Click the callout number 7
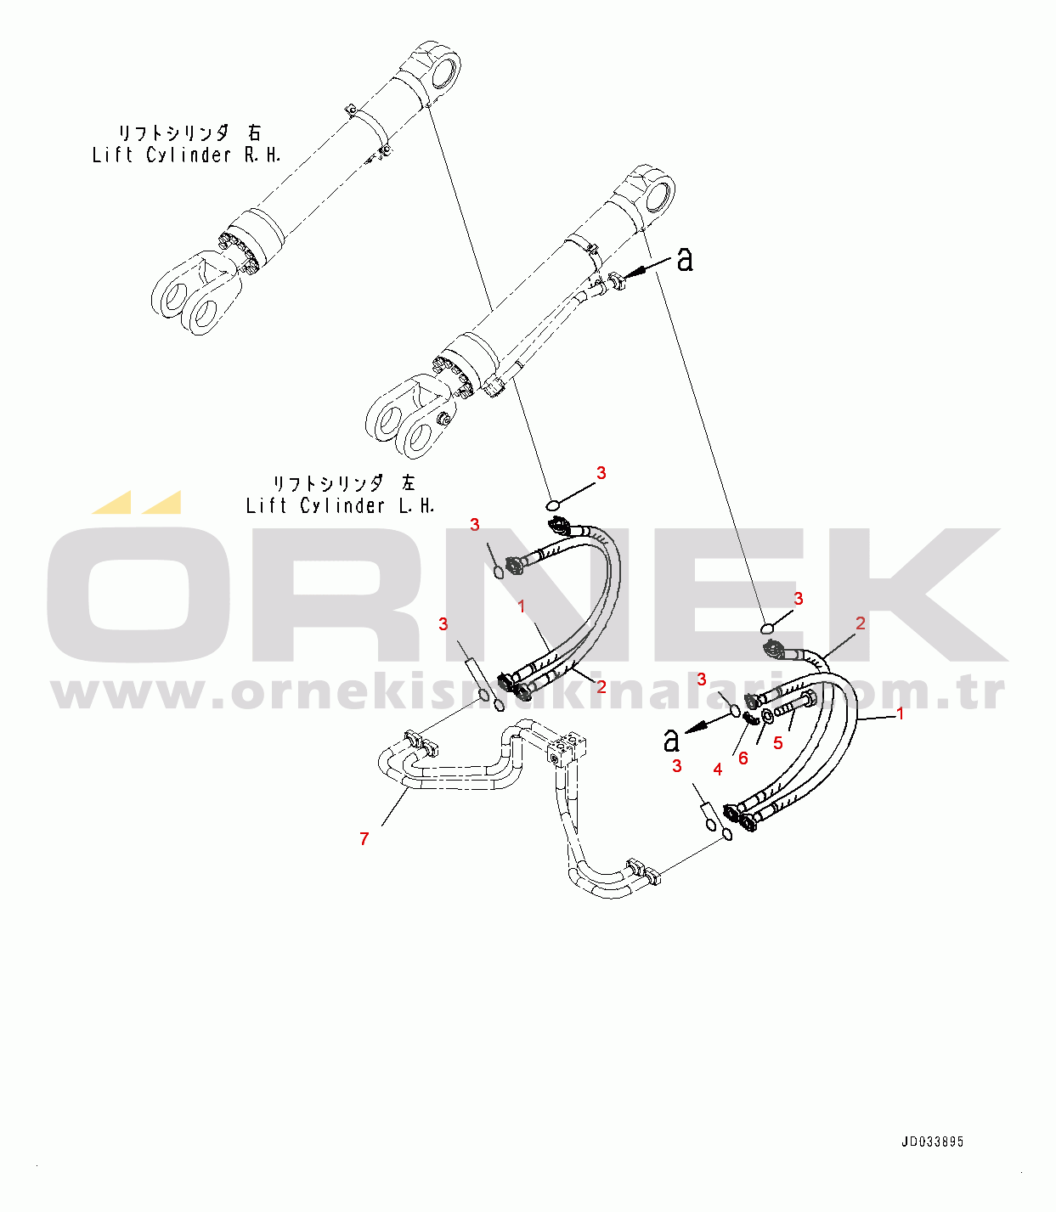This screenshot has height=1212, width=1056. point(364,839)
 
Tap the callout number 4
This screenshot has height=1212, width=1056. point(718,769)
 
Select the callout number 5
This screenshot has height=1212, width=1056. point(777,743)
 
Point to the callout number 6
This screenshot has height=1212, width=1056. point(743,758)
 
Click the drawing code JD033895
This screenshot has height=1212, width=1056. point(932,1142)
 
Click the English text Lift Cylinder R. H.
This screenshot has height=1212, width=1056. point(186,155)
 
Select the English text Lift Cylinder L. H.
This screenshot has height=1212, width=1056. point(340,506)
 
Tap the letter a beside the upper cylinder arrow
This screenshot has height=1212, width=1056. point(685,260)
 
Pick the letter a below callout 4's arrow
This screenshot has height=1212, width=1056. point(672,741)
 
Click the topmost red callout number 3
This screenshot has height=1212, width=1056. point(601,473)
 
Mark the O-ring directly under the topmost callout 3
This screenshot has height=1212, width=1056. point(553,506)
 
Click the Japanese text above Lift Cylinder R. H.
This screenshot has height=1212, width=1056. point(189,132)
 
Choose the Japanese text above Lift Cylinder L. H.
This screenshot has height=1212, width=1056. point(343,483)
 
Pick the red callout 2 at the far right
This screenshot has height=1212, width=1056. point(861,624)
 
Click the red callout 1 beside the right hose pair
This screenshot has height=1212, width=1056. point(901,714)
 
